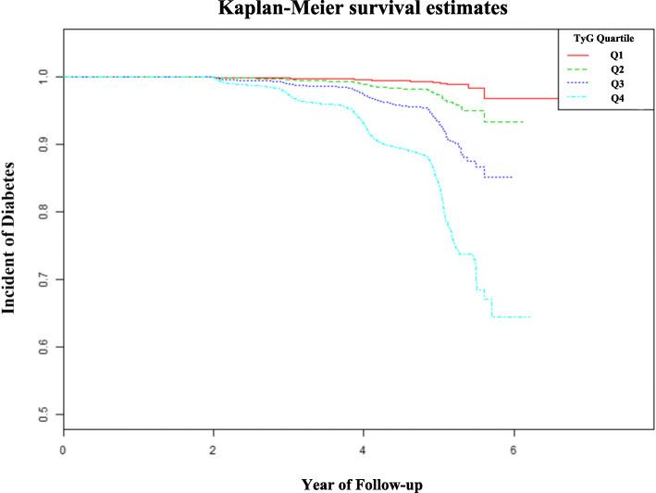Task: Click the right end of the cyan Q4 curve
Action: click(x=530, y=317)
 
